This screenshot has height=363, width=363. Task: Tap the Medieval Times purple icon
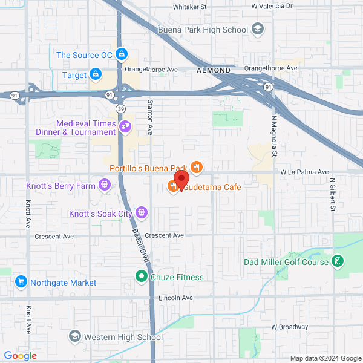click(x=125, y=126)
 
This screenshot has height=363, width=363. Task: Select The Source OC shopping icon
click(x=122, y=54)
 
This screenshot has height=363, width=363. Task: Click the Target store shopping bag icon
click(x=95, y=74)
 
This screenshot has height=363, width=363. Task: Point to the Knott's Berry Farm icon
click(x=105, y=184)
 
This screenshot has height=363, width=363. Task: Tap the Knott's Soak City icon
click(x=141, y=212)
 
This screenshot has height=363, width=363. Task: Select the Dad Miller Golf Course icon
click(x=338, y=261)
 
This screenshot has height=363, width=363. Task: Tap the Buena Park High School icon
click(x=258, y=29)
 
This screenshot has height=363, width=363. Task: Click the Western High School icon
click(x=75, y=336)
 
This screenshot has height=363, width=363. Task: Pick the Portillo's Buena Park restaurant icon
click(x=196, y=166)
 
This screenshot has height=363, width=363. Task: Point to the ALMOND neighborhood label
click(x=214, y=70)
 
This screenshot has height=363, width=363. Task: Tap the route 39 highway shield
click(x=122, y=108)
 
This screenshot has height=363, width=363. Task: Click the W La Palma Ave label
click(x=304, y=172)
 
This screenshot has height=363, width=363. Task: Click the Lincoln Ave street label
click(x=175, y=298)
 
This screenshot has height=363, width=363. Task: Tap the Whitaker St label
click(x=189, y=7)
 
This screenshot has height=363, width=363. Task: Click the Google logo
click(x=20, y=356)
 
